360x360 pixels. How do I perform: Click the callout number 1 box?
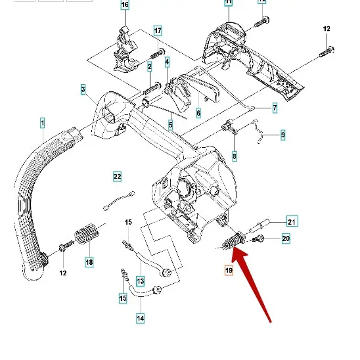tap(42, 123)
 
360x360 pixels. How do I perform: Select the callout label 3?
tap(83, 89)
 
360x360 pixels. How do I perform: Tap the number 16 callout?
tap(125, 6)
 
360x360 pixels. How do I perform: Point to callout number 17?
tap(158, 31)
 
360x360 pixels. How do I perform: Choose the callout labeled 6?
tap(198, 113)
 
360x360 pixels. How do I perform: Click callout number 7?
tap(275, 108)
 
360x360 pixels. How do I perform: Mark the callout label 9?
tap(282, 135)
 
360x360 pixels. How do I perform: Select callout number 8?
tap(235, 156)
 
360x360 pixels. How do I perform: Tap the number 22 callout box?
tap(117, 176)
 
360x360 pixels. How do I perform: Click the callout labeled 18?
tap(89, 262)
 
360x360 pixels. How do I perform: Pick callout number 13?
tap(140, 281)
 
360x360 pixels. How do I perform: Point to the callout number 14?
tap(141, 319)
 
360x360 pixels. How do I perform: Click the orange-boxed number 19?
tap(229, 270)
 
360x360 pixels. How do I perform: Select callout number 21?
tap(292, 221)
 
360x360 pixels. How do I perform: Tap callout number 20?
tap(286, 238)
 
